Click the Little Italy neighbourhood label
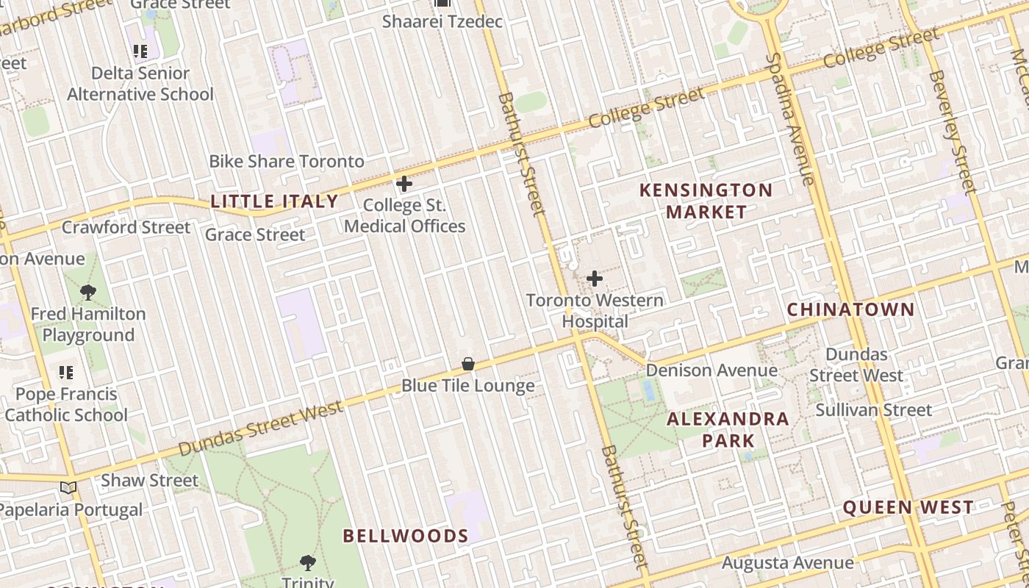point(274,201)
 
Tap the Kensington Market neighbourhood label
point(706,201)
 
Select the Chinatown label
point(850,309)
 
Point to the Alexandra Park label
point(728,430)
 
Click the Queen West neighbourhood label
point(908,507)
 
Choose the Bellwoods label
point(406,536)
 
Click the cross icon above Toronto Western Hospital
point(595,279)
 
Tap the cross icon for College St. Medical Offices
point(404,184)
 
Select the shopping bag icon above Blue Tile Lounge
point(467,364)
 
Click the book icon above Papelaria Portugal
point(68,487)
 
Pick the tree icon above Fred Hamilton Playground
point(88,293)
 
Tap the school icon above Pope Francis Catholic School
point(66,373)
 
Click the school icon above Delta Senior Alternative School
point(140,51)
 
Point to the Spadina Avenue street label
point(790,118)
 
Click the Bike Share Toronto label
point(287,162)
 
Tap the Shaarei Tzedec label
point(442,21)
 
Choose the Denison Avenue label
point(711,370)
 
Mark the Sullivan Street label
point(874,410)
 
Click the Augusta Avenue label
point(788,564)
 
